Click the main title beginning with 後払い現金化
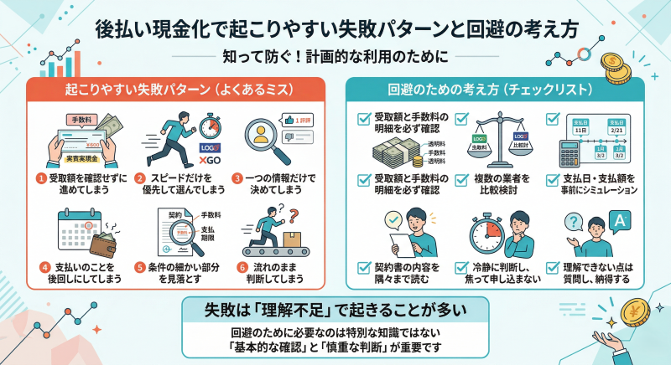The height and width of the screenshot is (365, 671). [x=335, y=28]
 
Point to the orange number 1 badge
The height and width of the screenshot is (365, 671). [x=39, y=177]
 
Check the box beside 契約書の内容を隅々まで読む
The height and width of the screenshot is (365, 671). [x=364, y=267]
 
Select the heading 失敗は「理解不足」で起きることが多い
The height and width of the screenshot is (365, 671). [x=335, y=309]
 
